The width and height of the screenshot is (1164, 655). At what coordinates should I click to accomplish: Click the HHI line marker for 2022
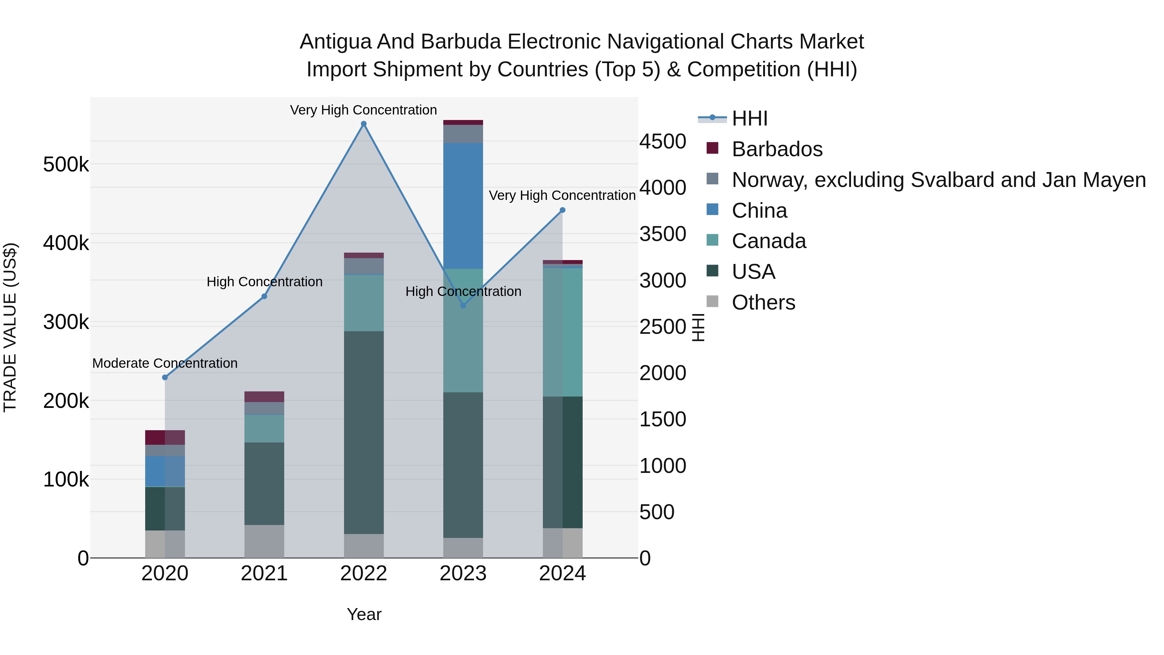tap(363, 124)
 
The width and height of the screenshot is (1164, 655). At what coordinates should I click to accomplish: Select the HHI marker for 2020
tap(165, 377)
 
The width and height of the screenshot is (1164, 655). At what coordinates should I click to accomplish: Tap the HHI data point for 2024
tap(563, 210)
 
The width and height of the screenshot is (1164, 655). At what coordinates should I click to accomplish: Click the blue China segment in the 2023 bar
tap(463, 206)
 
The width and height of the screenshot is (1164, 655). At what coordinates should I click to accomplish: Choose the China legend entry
tap(759, 211)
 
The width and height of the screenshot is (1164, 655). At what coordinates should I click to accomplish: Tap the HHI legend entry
tap(749, 118)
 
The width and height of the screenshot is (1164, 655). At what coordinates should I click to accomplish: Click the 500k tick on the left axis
tap(66, 165)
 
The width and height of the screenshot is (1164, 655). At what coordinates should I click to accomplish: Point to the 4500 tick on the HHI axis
tap(663, 141)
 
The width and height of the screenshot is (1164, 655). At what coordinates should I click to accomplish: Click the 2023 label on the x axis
tap(463, 573)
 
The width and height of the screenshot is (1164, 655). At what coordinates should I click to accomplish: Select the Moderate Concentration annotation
tap(165, 364)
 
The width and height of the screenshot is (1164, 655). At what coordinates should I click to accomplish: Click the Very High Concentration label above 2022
tap(363, 110)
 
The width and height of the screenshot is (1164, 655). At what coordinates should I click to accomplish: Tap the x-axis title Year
tap(364, 614)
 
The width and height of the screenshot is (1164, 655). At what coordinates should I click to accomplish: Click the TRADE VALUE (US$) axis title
tap(10, 327)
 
